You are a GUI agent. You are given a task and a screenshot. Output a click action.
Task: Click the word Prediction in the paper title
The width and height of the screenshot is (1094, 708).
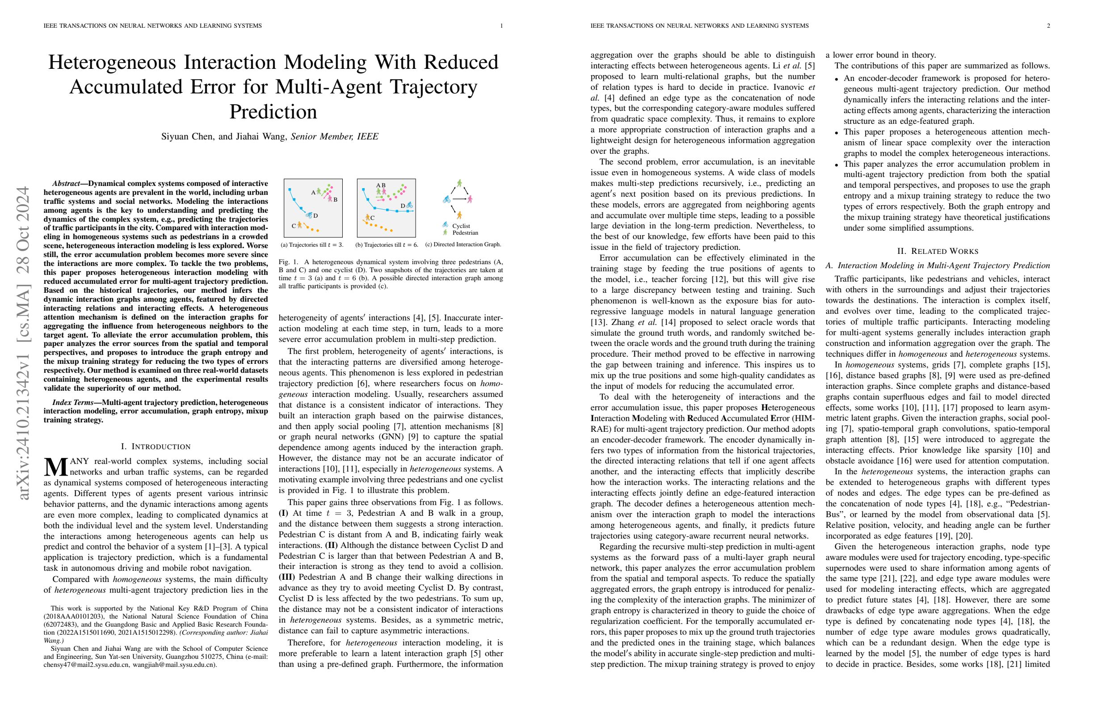point(273,112)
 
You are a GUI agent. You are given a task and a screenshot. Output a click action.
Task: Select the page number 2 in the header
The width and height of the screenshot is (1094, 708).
point(1048,26)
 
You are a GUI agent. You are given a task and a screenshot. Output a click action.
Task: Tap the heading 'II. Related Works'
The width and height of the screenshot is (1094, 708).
point(937,251)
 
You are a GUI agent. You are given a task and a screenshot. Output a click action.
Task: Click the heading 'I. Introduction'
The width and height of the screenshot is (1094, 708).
point(156,447)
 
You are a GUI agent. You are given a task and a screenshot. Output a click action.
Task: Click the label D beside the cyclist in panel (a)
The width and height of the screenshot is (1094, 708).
point(316,216)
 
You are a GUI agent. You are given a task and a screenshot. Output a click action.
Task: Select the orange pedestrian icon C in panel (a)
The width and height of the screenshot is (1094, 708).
point(300,225)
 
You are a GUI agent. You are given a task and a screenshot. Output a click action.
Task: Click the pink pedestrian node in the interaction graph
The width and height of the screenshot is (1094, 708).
point(470,199)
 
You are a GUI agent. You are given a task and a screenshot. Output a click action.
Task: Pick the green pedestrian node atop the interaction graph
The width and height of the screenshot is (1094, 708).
point(459,183)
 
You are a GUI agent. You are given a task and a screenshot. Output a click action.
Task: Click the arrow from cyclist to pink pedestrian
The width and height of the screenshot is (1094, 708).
point(459,199)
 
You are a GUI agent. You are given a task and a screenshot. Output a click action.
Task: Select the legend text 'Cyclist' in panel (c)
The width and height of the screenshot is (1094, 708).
point(461,226)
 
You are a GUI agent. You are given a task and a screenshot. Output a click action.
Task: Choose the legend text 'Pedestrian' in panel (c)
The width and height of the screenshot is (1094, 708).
point(465,233)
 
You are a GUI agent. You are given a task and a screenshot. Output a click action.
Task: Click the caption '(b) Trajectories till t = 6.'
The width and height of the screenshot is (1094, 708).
point(387,245)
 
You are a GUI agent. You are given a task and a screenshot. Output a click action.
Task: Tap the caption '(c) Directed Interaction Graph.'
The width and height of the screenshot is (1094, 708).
point(463,244)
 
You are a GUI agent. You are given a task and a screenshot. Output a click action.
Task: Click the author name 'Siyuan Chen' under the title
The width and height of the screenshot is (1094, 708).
point(188,136)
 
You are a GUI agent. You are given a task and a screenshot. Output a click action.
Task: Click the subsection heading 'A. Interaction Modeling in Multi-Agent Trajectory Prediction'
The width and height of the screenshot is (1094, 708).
point(937,265)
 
